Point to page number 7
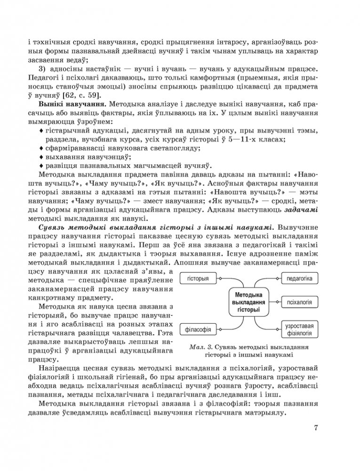[316, 428]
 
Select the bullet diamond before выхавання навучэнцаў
[42, 157]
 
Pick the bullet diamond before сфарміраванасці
[42, 148]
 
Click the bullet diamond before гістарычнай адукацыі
[42, 131]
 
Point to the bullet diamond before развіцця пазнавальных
[42, 165]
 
